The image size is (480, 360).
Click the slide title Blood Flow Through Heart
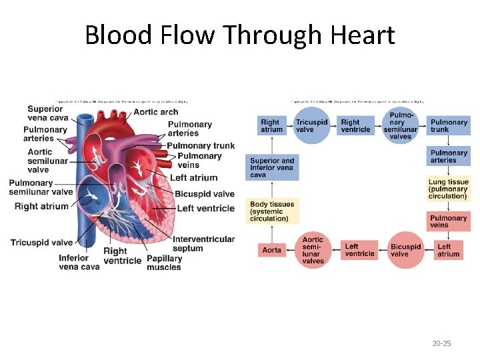coord(240,35)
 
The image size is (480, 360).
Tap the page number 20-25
coord(441,343)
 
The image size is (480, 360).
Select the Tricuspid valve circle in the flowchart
coord(311,126)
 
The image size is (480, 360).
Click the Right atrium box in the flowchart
coord(272,126)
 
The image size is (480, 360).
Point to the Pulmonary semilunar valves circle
coord(400,126)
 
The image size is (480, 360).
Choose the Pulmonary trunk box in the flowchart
coord(449,126)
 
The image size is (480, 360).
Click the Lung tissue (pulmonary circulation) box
coord(449,189)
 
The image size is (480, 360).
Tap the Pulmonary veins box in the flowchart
coord(449,222)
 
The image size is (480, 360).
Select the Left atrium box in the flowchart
coord(449,250)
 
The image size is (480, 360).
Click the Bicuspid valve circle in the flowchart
coord(405,250)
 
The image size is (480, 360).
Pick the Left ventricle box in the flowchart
coord(359,250)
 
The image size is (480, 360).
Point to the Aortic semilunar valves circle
coord(313,250)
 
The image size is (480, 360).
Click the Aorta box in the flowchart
coord(272,250)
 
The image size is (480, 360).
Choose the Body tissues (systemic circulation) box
coord(272,211)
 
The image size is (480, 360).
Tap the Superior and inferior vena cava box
coord(272,167)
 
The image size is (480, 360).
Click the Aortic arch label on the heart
coord(155,111)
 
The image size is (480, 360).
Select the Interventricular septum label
coord(203,244)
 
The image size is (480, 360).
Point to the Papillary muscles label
coord(164,263)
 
